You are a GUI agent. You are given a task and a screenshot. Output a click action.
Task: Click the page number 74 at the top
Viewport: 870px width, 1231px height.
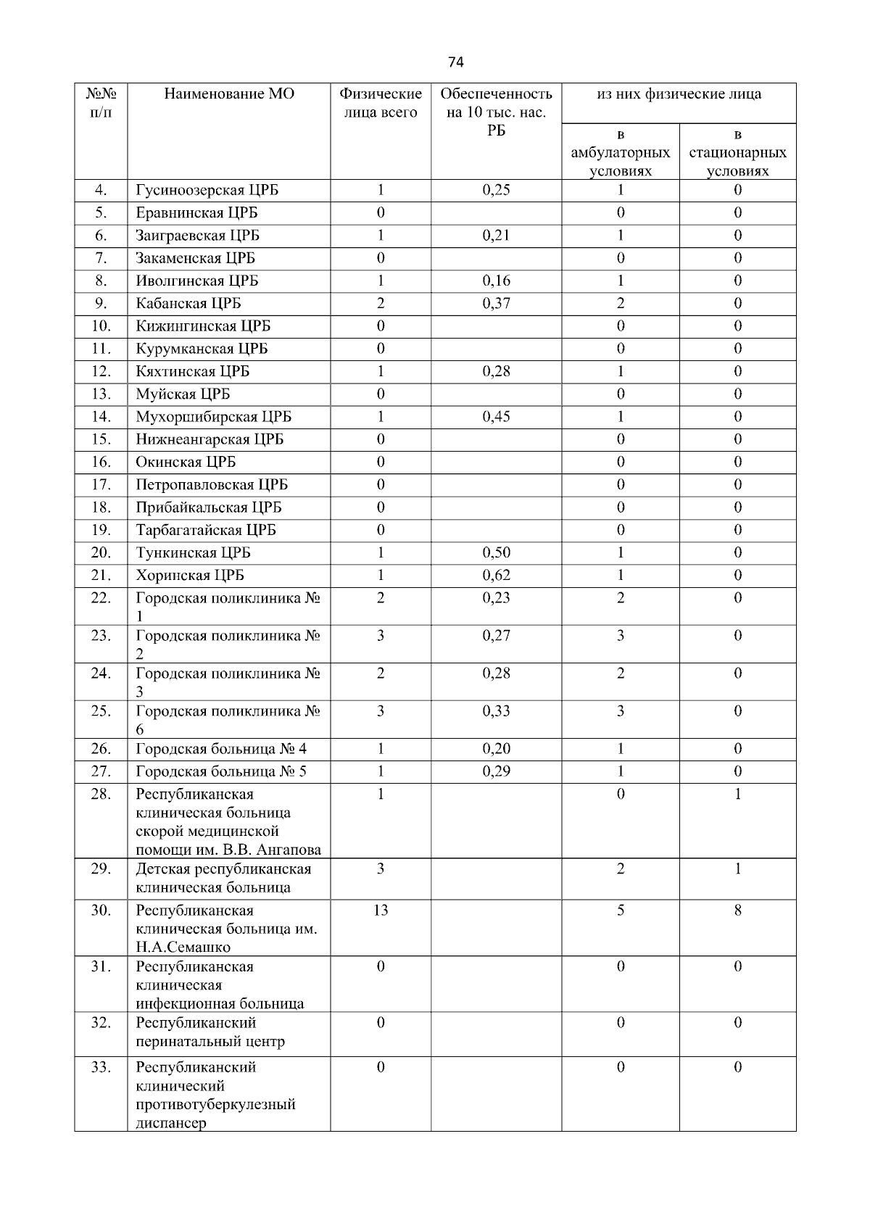[455, 62]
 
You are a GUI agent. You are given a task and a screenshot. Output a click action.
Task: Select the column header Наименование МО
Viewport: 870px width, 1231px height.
[229, 94]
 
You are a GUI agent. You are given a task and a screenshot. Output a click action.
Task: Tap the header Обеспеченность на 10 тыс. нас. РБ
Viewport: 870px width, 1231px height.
[496, 112]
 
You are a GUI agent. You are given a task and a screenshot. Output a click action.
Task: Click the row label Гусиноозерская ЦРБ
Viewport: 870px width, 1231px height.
[207, 190]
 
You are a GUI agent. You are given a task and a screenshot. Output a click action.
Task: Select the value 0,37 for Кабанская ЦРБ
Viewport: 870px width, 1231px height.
[496, 303]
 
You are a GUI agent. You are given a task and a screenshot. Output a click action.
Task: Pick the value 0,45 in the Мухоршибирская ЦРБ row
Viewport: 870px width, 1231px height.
[496, 416]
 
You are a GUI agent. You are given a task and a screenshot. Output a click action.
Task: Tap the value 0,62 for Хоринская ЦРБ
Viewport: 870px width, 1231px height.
[496, 575]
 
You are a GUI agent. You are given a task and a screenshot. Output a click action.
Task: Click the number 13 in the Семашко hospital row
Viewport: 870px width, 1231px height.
[381, 910]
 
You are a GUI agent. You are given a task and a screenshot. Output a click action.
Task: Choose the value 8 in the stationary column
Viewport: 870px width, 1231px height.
[737, 910]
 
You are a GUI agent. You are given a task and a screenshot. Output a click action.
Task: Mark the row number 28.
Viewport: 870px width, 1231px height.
[101, 794]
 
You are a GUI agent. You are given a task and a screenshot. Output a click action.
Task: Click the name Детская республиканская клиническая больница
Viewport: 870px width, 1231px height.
[223, 878]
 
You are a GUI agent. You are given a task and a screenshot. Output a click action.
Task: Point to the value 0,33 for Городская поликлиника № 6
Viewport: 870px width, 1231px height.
[496, 710]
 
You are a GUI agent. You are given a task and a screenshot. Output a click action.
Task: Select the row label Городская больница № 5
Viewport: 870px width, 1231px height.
[221, 771]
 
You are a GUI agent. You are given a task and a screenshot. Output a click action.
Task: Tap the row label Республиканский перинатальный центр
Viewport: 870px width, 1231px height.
[210, 1032]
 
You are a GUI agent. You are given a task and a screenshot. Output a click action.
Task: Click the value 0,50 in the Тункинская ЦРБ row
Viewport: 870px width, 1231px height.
[496, 552]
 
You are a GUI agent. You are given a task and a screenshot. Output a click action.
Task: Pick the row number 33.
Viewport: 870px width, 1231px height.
[101, 1067]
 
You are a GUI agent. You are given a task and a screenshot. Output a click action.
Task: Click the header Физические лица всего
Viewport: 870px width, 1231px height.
[381, 103]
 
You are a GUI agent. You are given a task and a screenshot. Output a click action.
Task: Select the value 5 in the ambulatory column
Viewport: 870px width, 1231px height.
[621, 910]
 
